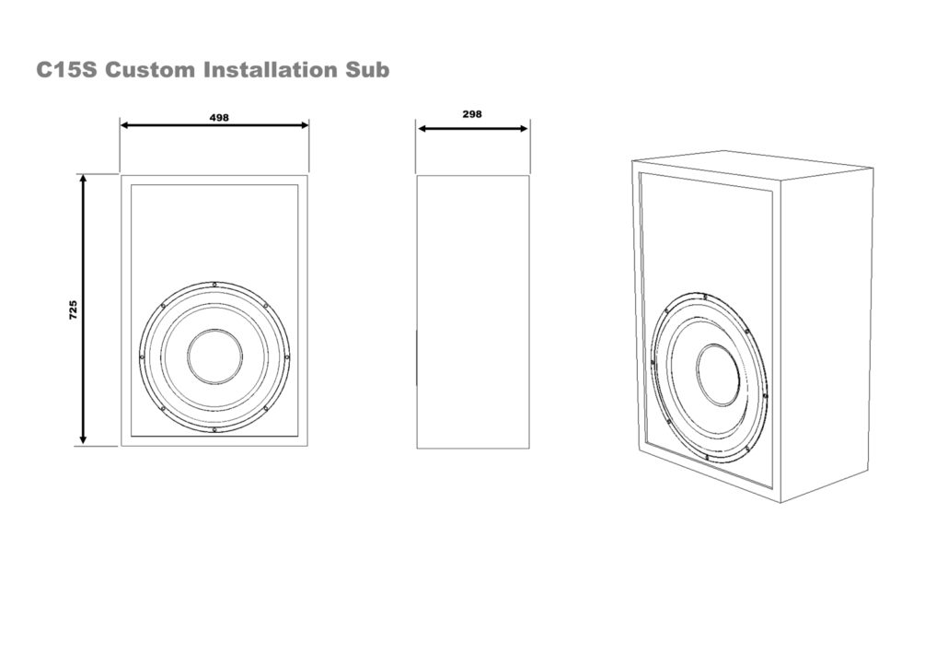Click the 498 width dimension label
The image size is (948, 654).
pos(219,117)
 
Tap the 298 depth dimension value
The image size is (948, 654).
pos(472,114)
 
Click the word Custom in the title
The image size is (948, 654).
pos(150,70)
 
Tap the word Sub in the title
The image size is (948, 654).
pos(368,70)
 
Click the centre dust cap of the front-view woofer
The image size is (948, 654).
pos(214,356)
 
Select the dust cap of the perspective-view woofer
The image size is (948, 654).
pos(717,375)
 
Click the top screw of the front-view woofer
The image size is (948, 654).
pos(214,284)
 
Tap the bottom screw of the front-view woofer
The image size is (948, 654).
pos(214,429)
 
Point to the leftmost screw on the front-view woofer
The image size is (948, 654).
pos(142,356)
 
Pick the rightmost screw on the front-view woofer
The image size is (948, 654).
pos(287,356)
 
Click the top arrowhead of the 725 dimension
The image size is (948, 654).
pos(84,180)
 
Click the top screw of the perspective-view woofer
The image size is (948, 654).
pos(704,296)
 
